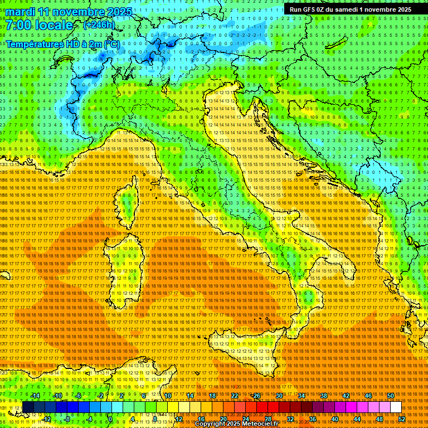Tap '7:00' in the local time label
tap(18, 26)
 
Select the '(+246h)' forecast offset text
tap(99, 25)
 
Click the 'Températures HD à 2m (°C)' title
tap(62, 43)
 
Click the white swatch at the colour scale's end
tap(396, 407)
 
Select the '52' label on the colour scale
tap(401, 419)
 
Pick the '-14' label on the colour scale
tap(35, 396)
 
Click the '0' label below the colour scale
tap(110, 419)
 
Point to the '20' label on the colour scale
tap(223, 419)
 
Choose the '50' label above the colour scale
tap(390, 396)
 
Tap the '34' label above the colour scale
tap(301, 396)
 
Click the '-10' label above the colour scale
tap(57, 396)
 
